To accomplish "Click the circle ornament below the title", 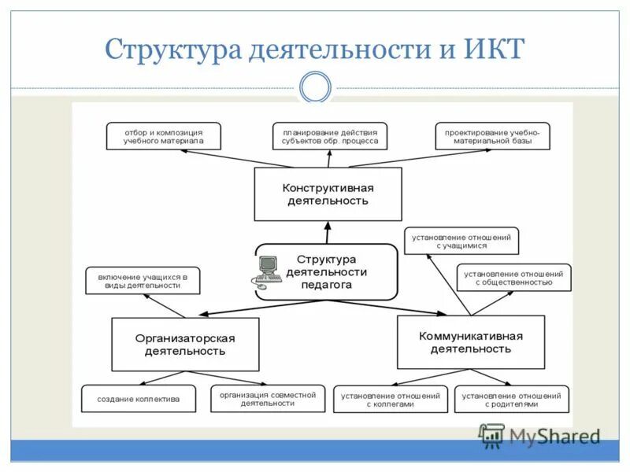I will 316,87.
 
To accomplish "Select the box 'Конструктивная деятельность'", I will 328,194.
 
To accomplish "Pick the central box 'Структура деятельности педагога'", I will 326,271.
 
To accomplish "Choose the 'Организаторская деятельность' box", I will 185,345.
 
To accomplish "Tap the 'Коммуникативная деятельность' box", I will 471,342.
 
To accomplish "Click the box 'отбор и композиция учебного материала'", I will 164,136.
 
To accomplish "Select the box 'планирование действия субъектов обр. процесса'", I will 331,136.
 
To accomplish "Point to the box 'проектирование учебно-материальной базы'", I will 492,136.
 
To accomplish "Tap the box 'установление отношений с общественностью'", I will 513,278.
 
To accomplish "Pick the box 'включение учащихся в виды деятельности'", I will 143,281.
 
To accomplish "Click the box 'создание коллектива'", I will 139,399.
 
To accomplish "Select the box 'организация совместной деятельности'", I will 268,398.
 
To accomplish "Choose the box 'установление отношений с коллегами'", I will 390,399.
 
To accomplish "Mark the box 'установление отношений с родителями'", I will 511,399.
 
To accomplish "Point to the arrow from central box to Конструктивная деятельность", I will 328,233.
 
